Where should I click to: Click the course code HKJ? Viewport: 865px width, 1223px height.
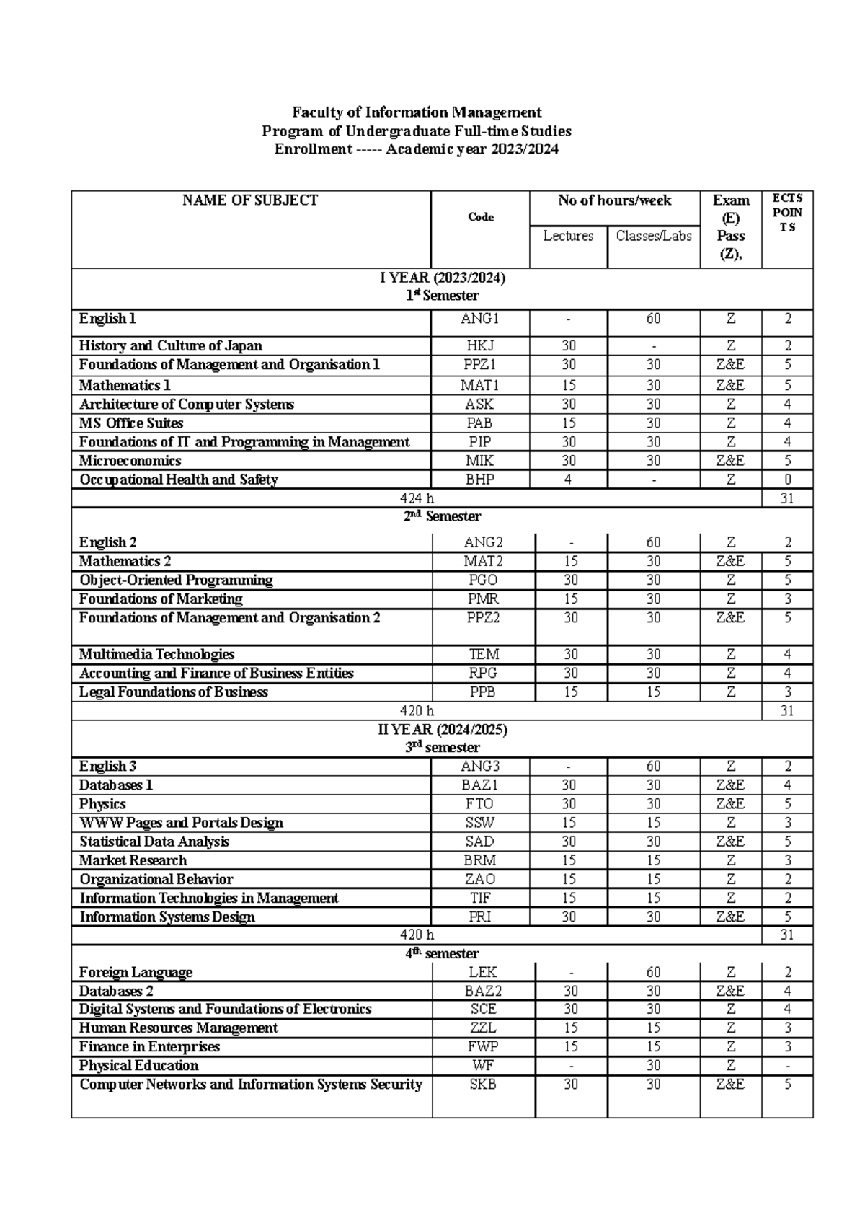(479, 346)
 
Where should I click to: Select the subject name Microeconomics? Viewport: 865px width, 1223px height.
(130, 461)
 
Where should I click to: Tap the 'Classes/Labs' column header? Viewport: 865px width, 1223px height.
(653, 236)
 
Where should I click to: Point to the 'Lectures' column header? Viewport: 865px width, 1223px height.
(568, 236)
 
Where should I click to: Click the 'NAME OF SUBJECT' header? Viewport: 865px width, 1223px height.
(250, 200)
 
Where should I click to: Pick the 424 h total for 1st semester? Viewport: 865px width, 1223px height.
(417, 498)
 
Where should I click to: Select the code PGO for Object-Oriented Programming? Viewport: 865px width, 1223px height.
(482, 580)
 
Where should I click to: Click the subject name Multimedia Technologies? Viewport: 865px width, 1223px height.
(156, 655)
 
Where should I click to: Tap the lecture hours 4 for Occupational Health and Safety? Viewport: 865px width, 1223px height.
(569, 480)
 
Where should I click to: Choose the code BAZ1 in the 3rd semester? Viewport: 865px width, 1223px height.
(480, 785)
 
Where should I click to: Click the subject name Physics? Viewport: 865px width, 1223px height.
(102, 804)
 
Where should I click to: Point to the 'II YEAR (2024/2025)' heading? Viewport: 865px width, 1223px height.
(443, 730)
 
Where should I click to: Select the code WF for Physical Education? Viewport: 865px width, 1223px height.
(483, 1066)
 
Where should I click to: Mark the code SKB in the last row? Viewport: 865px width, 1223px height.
(483, 1085)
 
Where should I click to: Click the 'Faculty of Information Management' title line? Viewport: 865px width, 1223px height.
(417, 112)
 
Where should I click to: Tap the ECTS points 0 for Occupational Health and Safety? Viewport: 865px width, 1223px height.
(787, 480)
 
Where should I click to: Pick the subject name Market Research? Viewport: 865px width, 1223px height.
(133, 860)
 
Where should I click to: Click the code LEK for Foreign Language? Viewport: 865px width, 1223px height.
(483, 972)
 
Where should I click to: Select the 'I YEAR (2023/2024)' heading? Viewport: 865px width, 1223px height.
(443, 278)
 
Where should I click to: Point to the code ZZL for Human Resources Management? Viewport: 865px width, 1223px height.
(483, 1028)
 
